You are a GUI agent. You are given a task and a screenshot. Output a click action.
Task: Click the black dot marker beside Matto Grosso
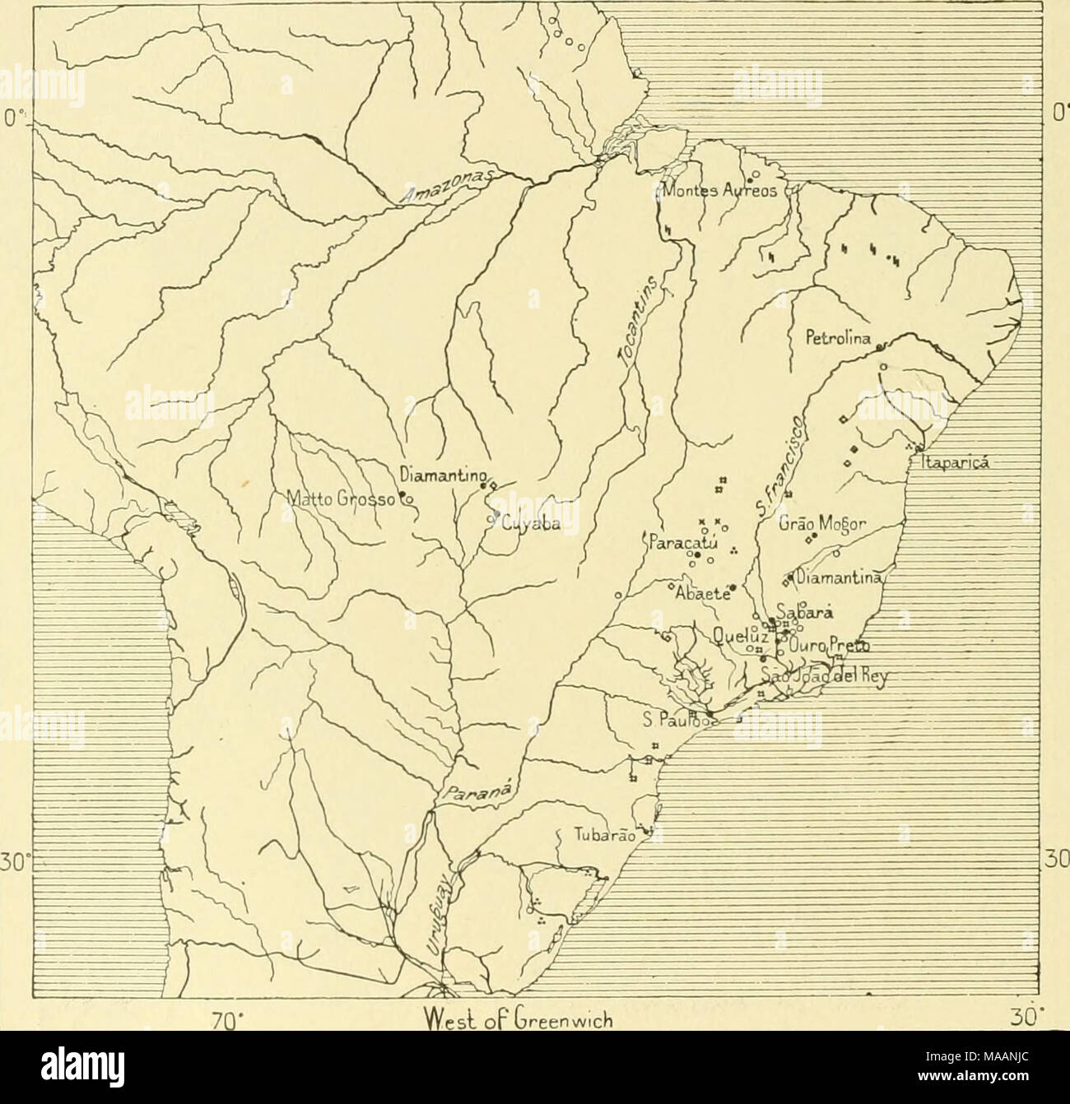tap(403, 495)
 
